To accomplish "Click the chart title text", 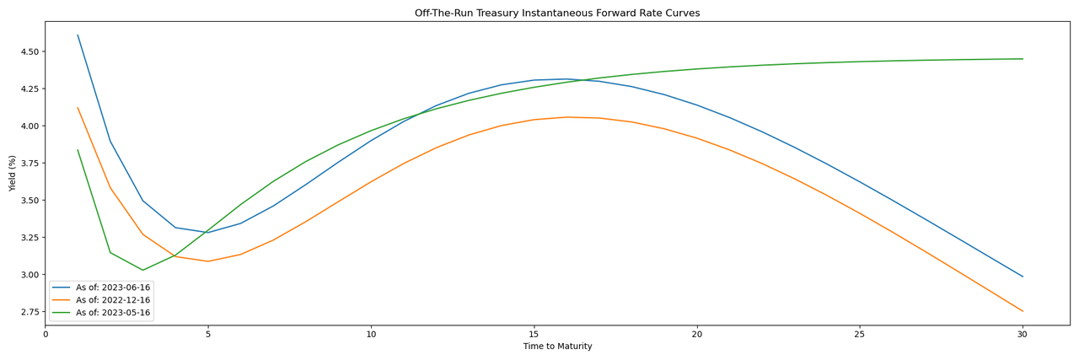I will pos(556,13).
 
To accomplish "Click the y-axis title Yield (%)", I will pos(13,173).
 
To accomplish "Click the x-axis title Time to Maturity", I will pos(557,347).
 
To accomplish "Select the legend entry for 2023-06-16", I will pos(113,287).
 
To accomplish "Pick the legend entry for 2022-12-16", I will pos(113,300).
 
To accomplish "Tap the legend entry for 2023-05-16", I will pos(113,313).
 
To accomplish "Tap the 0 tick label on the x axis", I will pos(46,335).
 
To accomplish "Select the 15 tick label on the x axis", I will pos(534,335).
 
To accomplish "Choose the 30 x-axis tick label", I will pos(1023,335).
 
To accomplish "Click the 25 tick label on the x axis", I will pos(860,335).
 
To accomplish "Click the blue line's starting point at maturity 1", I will pos(78,35).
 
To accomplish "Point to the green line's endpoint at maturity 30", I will pos(1023,59).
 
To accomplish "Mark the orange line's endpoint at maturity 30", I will pos(1023,311).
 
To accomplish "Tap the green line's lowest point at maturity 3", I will pos(142,271).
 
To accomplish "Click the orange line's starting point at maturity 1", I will pos(78,108).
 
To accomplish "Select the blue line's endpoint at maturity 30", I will pos(1023,277).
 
